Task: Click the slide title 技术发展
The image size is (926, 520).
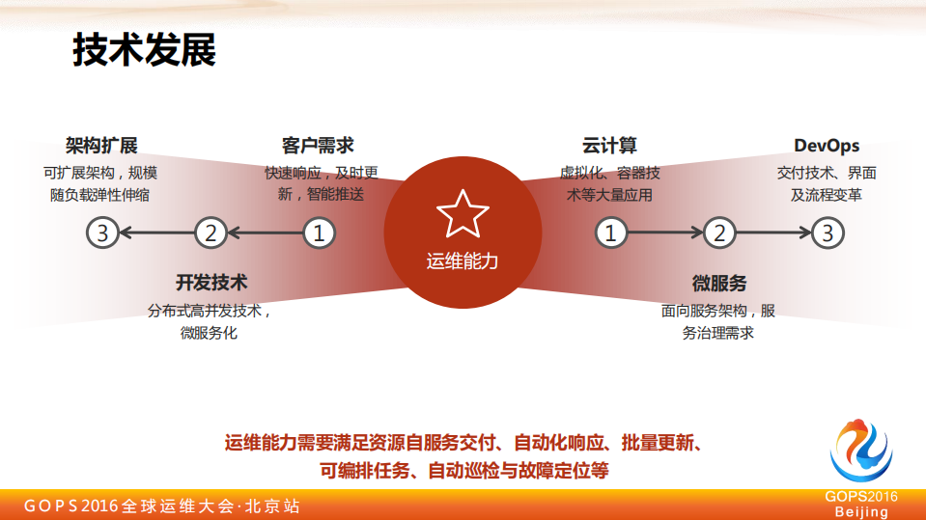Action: coord(145,49)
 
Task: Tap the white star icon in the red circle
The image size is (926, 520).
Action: coord(463,214)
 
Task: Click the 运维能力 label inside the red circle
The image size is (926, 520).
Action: coord(463,260)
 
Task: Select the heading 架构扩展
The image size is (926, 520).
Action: coord(101,146)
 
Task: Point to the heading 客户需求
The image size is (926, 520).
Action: coord(318,146)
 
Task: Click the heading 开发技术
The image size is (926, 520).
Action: coord(211,283)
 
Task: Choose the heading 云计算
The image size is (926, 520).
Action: coord(609,146)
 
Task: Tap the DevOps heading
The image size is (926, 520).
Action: coord(827,146)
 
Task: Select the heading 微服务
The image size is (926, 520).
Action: coord(718,283)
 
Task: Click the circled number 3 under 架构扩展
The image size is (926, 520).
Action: coord(102,233)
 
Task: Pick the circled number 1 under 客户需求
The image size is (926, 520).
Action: coord(320,233)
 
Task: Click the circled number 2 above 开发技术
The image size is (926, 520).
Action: coord(210,233)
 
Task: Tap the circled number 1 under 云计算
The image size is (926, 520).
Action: coord(610,233)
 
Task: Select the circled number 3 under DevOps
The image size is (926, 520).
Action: coord(828,233)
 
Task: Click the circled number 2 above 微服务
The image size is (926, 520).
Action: coord(719,233)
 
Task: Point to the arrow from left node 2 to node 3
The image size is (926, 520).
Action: coord(156,233)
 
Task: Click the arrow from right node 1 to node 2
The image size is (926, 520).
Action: coord(664,233)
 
